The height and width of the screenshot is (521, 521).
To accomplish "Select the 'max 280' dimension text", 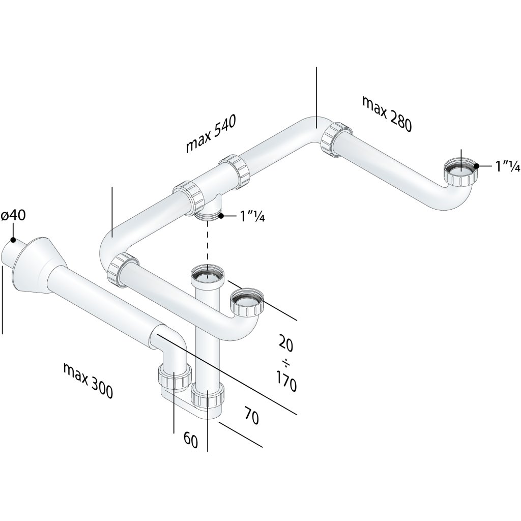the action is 386,113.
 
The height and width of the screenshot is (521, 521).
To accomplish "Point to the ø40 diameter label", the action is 13,216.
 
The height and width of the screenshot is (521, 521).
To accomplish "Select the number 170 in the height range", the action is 286,382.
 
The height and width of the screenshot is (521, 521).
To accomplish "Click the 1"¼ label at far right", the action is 507,166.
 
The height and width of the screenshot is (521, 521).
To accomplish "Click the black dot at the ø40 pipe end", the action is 12,240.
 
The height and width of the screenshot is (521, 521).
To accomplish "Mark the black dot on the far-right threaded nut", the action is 477,166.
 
